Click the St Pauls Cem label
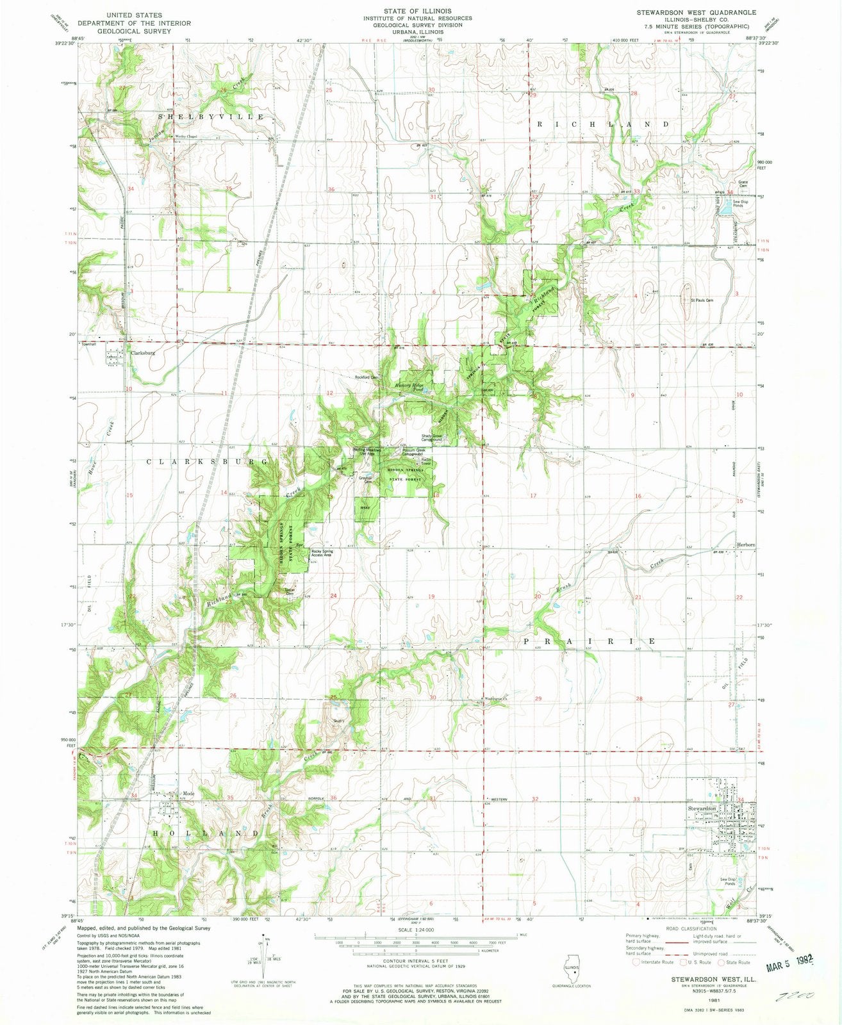point(701,300)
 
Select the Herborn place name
point(745,545)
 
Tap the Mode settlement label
point(188,794)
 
